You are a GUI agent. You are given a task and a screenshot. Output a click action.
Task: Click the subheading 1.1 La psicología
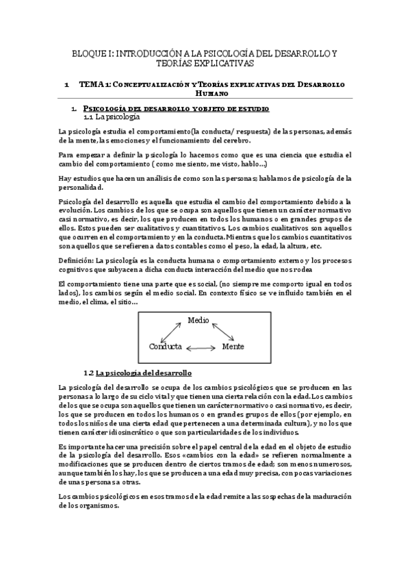(x=112, y=116)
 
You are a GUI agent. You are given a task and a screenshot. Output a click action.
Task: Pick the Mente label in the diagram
(x=233, y=347)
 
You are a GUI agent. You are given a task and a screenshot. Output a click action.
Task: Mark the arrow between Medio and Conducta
(x=169, y=332)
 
